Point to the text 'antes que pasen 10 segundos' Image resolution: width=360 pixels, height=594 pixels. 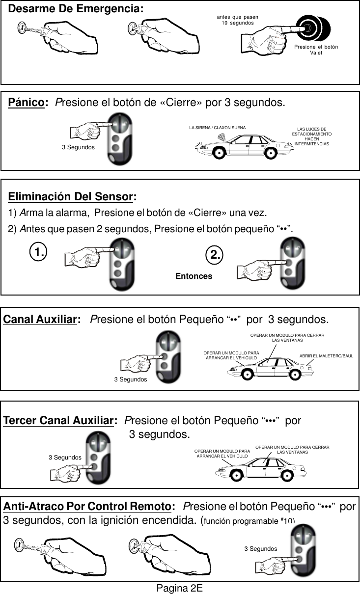pyautogui.click(x=238, y=20)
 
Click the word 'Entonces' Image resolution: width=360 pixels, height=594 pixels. pyautogui.click(x=194, y=276)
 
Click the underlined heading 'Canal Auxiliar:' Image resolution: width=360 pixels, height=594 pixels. pyautogui.click(x=42, y=320)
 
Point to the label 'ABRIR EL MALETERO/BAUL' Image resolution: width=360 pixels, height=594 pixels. pyautogui.click(x=326, y=355)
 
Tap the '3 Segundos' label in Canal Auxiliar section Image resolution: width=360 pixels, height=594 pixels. pyautogui.click(x=130, y=379)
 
